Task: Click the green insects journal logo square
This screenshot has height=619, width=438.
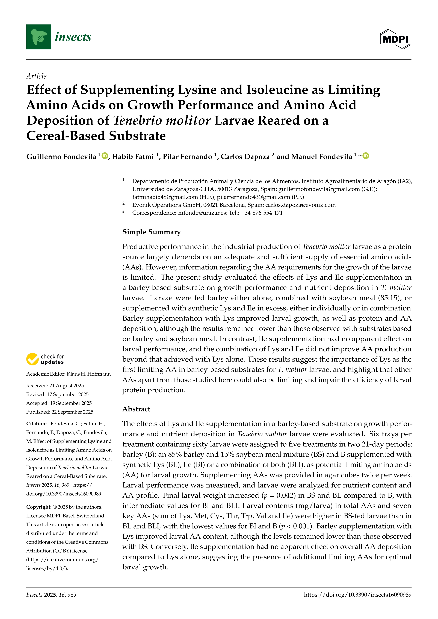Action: (39, 37)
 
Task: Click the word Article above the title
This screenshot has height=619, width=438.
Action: (36, 76)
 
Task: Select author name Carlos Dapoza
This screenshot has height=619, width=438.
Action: (245, 157)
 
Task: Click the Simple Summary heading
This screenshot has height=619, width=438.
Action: (152, 232)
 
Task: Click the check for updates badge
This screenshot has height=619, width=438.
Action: (45, 359)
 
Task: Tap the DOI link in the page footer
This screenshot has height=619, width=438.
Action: (358, 595)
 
